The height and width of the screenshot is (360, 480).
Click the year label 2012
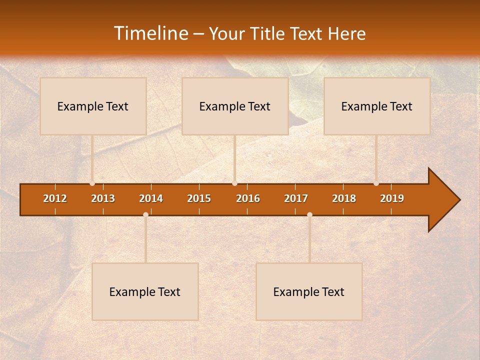[x=55, y=198]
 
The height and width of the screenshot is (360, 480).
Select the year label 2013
[x=103, y=198]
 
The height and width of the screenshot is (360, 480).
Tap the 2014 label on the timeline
[x=151, y=198]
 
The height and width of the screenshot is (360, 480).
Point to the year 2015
[x=199, y=198]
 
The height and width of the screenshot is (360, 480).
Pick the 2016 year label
[x=248, y=198]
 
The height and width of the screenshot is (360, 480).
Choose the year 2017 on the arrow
[x=296, y=198]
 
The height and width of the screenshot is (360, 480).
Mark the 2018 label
[x=344, y=198]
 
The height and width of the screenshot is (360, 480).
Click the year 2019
[x=392, y=198]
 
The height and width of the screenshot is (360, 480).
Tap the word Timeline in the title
[x=150, y=33]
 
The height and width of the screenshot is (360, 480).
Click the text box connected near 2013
[x=93, y=106]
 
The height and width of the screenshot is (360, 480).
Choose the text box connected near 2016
[x=235, y=106]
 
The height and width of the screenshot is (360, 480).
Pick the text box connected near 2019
[x=377, y=106]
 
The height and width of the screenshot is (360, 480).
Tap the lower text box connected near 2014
[x=145, y=291]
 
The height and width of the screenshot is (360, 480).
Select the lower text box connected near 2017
[x=309, y=291]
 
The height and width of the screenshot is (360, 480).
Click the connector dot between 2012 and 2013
[x=92, y=183]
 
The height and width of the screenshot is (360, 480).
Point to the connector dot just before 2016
[x=234, y=183]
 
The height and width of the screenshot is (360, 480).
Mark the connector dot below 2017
[x=309, y=214]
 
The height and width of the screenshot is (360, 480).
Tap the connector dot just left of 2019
[x=376, y=183]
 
